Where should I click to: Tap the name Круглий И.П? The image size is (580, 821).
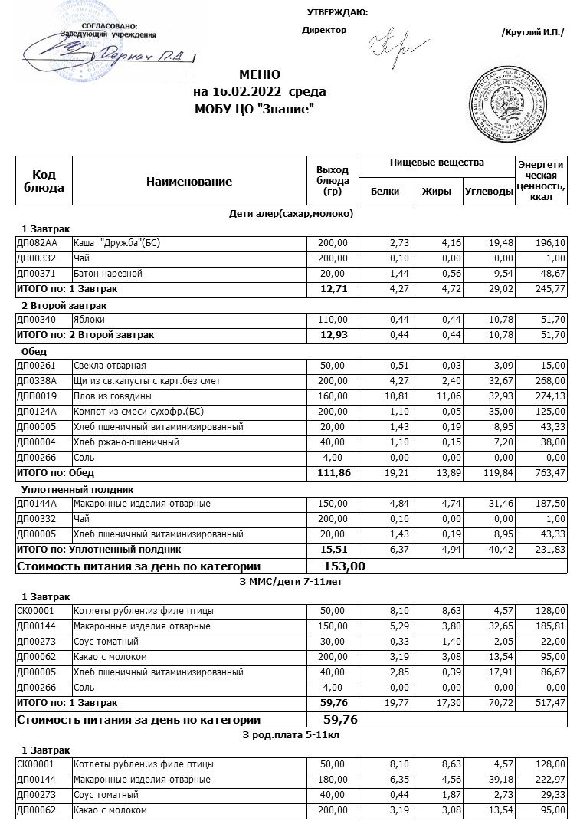coord(532,32)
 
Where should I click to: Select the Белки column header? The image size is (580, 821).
coord(385,192)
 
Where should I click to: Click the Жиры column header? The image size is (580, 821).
coord(437,192)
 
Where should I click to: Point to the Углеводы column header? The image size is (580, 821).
coord(489,192)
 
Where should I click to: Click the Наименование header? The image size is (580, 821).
coord(188,182)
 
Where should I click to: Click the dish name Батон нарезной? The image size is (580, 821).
coord(108,274)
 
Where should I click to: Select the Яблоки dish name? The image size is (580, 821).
coord(89,320)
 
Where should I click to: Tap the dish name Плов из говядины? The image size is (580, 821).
coord(112,396)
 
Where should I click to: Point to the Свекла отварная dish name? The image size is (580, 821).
coord(109,366)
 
